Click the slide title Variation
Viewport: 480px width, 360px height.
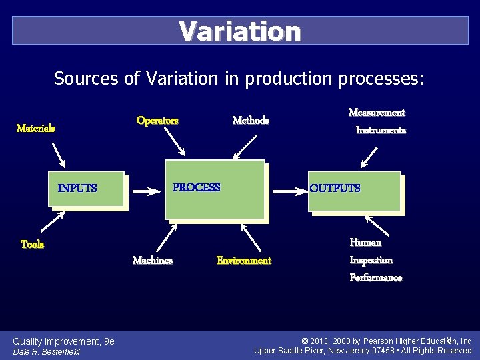pyautogui.click(x=240, y=31)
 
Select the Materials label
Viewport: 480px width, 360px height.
pyautogui.click(x=35, y=128)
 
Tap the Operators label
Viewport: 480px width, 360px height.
pyautogui.click(x=157, y=121)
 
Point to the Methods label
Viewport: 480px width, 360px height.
pyautogui.click(x=251, y=121)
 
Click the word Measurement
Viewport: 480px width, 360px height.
pyautogui.click(x=377, y=113)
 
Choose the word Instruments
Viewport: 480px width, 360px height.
pyautogui.click(x=381, y=131)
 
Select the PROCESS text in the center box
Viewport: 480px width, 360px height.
pyautogui.click(x=196, y=187)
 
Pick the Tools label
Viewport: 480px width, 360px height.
pyautogui.click(x=32, y=245)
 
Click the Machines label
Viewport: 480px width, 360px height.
pyautogui.click(x=153, y=261)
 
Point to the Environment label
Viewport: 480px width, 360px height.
pyautogui.click(x=244, y=261)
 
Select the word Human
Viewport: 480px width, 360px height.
pyautogui.click(x=365, y=243)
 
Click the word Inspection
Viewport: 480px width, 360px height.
pyautogui.click(x=371, y=260)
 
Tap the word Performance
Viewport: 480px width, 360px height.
pyautogui.click(x=376, y=277)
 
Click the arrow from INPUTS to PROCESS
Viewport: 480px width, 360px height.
pyautogui.click(x=146, y=191)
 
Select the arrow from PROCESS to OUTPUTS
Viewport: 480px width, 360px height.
pyautogui.click(x=291, y=191)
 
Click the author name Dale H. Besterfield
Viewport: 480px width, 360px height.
pyautogui.click(x=47, y=351)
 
